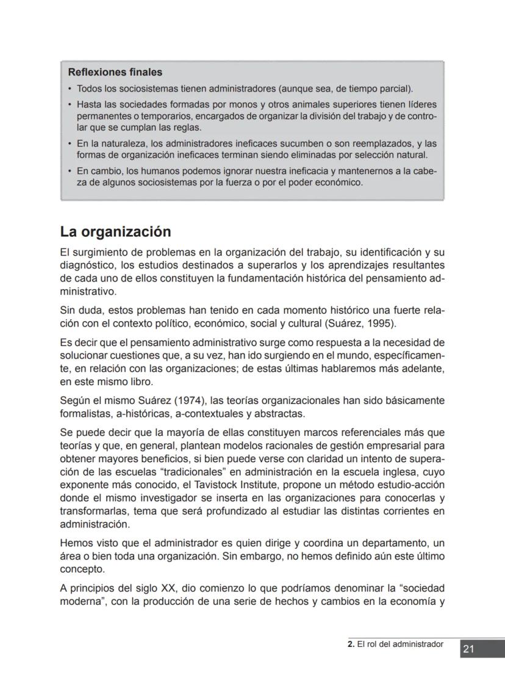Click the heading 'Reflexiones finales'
[115, 73]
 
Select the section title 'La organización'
[115, 232]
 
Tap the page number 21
[468, 649]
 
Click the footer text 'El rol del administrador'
[399, 644]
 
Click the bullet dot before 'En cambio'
[70, 171]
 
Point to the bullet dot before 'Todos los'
[70, 89]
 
